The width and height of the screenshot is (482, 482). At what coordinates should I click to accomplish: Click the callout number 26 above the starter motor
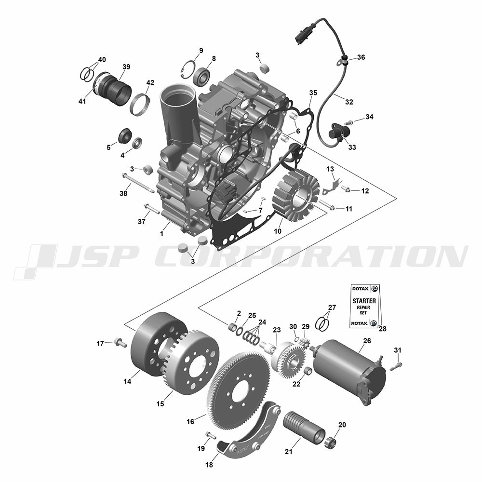point(367,341)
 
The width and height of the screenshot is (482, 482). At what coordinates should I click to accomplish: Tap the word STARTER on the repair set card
point(364,301)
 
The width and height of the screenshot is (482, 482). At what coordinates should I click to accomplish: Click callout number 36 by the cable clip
point(361,57)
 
